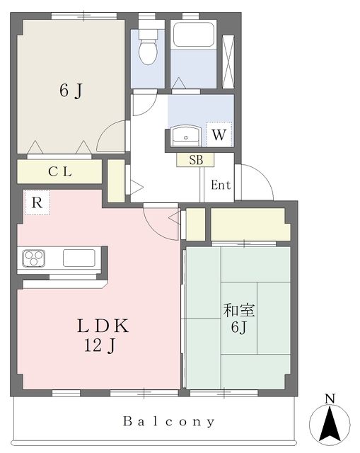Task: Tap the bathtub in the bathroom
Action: (193, 35)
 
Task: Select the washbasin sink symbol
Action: (185, 136)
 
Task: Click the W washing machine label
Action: (219, 134)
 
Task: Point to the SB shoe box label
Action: (196, 160)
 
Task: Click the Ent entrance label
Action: (221, 185)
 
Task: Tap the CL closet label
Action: (59, 171)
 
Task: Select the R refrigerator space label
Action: (37, 202)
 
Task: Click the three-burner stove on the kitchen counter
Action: (34, 258)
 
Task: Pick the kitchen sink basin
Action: (79, 258)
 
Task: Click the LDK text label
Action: (103, 326)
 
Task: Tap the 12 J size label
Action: (100, 345)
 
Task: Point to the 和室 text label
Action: (239, 310)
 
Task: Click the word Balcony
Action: (169, 422)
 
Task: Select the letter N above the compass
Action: (330, 398)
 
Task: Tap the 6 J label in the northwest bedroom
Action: (71, 91)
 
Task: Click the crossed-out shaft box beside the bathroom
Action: (228, 62)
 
